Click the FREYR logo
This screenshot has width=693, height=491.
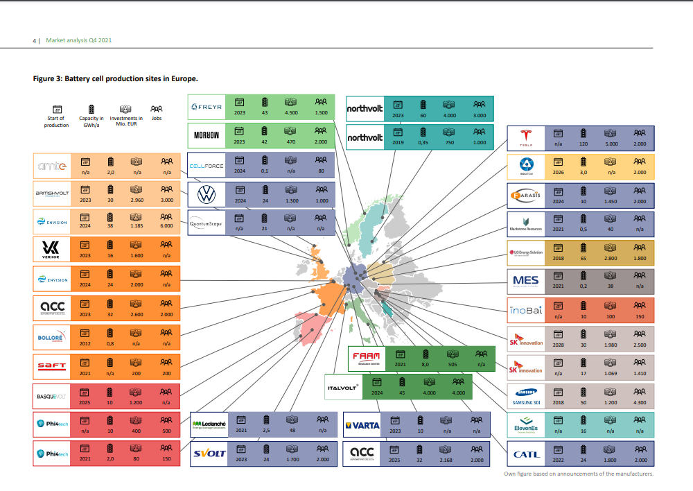207,107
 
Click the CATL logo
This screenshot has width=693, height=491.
526,454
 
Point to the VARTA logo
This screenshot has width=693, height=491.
362,425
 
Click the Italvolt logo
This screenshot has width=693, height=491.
343,388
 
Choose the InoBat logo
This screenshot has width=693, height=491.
526,309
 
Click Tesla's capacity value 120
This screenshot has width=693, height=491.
583,144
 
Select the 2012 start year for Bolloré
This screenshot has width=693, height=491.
85,343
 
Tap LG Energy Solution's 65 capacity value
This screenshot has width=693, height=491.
583,257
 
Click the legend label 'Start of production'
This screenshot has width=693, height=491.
57,121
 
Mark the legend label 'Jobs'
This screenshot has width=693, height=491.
157,119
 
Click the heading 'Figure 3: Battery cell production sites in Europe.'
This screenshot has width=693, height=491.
116,78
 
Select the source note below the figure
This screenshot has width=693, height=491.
579,474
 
